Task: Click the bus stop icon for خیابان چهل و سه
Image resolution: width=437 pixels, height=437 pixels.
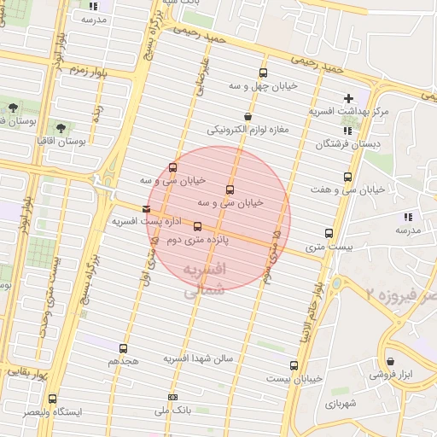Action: (262, 73)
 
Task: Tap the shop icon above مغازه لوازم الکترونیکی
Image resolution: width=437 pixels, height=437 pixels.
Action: (248, 117)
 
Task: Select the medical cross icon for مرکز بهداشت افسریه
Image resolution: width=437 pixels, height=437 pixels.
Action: (347, 98)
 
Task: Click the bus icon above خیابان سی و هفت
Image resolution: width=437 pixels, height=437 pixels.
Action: (347, 177)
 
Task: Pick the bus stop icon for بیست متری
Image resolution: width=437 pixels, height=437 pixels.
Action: (329, 233)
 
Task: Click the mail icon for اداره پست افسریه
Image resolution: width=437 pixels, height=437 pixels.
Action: (147, 208)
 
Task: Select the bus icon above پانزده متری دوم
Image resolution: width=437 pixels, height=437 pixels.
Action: (198, 226)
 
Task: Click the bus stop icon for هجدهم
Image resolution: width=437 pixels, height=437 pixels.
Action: (124, 348)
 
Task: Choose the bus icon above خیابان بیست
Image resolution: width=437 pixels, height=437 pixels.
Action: (294, 365)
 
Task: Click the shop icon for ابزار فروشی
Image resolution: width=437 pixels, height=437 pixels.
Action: (391, 362)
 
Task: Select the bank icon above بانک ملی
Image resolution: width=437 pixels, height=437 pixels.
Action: (173, 397)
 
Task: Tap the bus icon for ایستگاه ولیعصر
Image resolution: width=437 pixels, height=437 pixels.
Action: (53, 399)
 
